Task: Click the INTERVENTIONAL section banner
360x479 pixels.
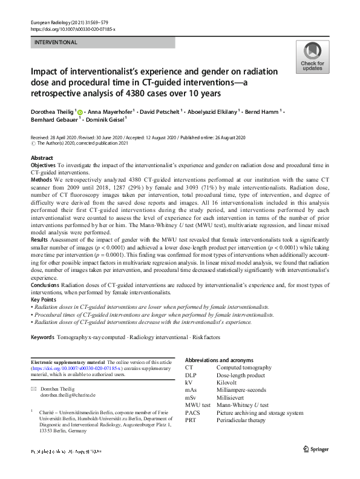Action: [x=103, y=42]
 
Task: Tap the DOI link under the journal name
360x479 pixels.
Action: [x=72, y=29]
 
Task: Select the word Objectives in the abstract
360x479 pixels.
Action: [x=43, y=165]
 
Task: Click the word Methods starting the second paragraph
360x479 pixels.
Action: [x=41, y=180]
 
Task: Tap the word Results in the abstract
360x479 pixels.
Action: [x=39, y=239]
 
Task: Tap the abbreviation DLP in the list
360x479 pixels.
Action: [x=191, y=375]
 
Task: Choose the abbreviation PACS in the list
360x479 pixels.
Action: [x=192, y=412]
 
